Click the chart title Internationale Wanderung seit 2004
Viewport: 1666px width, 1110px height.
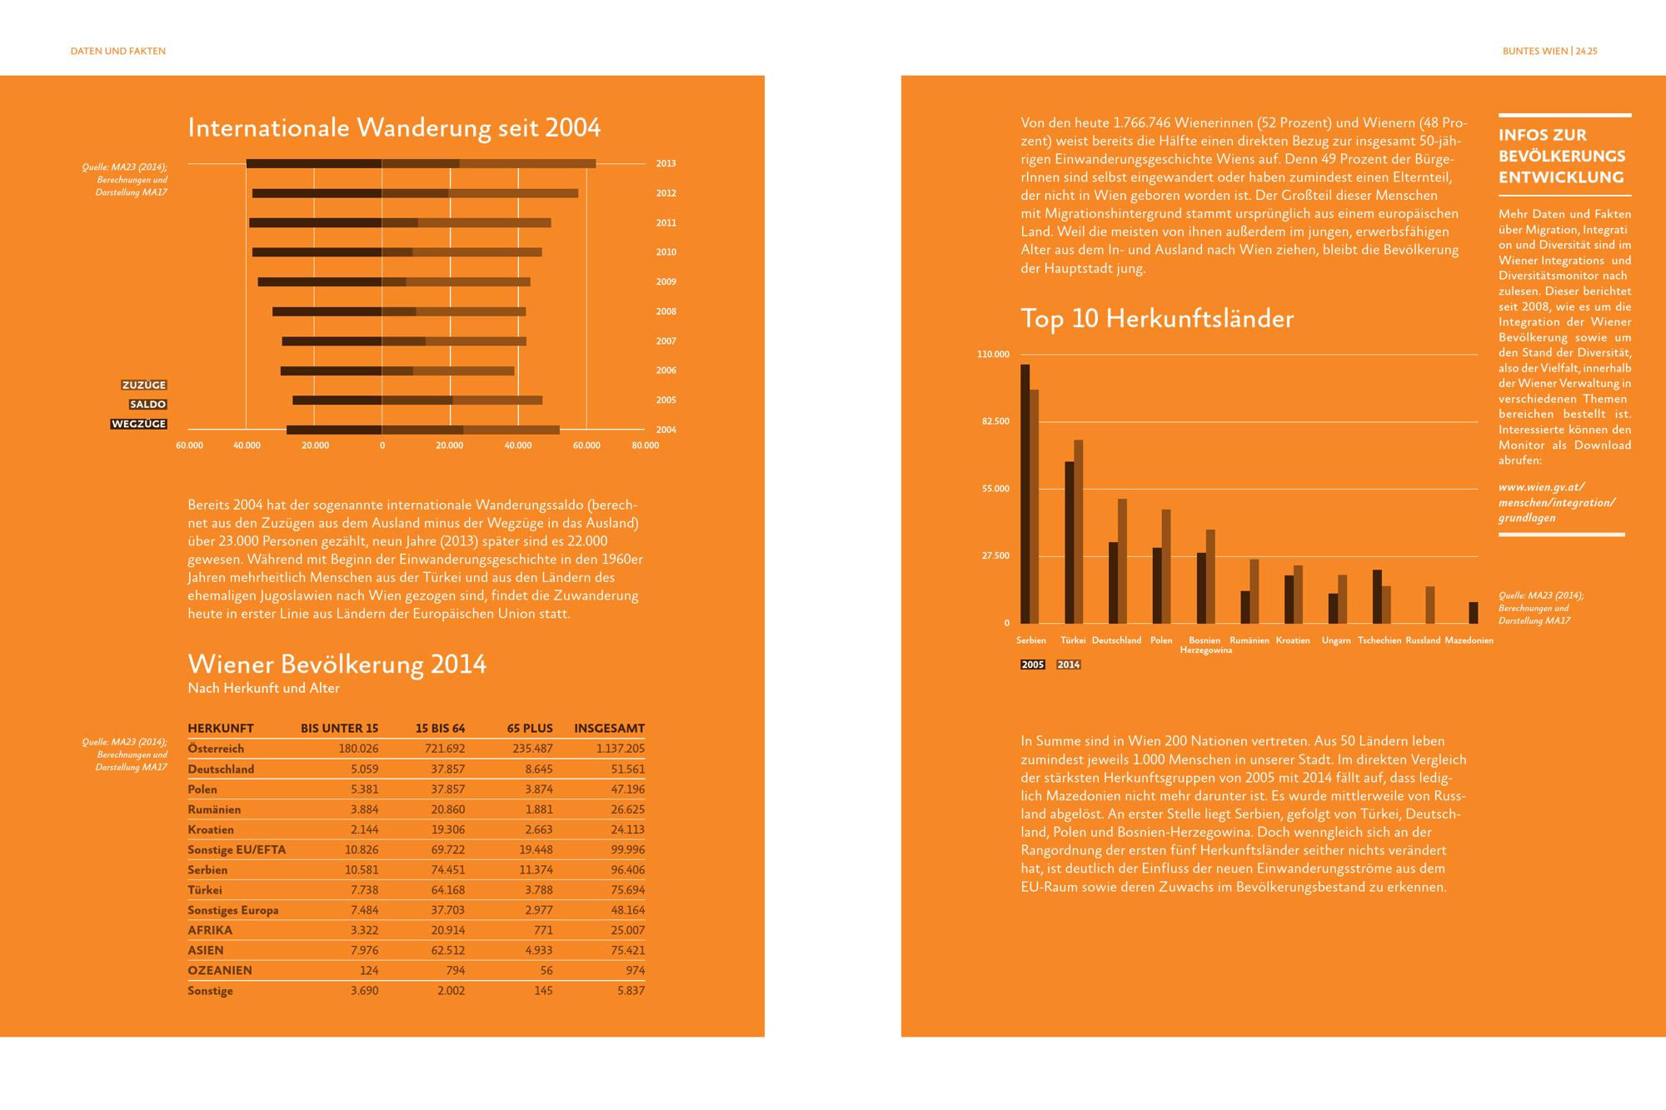[394, 127]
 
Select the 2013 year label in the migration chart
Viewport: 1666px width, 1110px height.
[666, 163]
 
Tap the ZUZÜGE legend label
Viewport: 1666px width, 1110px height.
[144, 385]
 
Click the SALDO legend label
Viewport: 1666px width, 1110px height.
[148, 404]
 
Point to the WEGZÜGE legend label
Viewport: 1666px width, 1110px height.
[139, 424]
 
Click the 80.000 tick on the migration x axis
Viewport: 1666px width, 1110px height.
[646, 445]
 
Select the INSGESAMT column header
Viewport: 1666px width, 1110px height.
[609, 728]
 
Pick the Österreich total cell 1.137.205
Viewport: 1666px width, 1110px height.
[621, 749]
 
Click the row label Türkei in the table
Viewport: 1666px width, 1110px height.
[205, 890]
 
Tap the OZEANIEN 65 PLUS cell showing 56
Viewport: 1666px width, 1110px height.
[546, 970]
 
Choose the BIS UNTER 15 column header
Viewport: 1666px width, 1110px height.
[340, 728]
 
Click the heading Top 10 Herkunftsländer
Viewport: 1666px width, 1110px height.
[1157, 319]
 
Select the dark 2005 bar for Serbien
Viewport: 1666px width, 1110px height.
[1025, 494]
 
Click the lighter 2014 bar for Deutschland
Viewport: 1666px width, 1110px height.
[1122, 561]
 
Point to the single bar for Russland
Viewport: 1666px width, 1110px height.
[1430, 605]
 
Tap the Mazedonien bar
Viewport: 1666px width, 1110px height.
[1474, 613]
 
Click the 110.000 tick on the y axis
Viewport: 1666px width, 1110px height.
[993, 355]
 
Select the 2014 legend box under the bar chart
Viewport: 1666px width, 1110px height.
[1069, 665]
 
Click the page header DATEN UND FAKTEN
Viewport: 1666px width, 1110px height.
[118, 51]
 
